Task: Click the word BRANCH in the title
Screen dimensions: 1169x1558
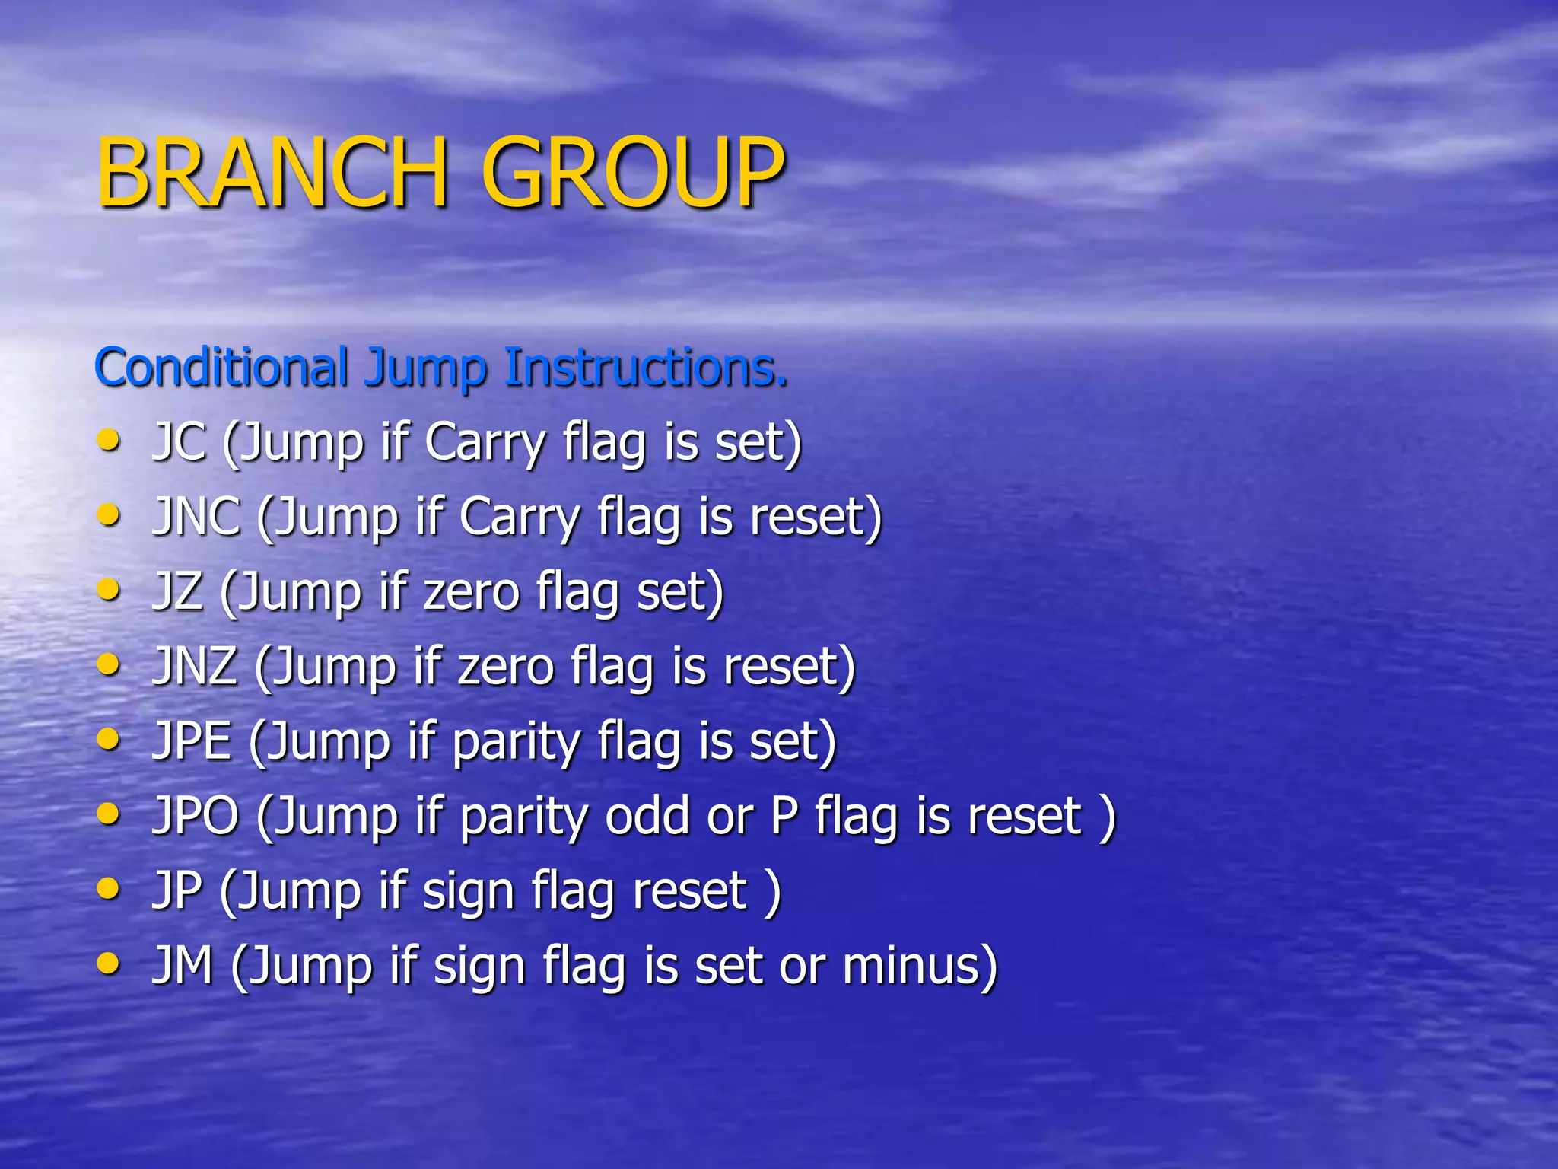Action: coord(270,174)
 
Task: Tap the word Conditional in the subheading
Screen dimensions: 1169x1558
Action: coord(221,367)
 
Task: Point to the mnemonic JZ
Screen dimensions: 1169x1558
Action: coord(178,591)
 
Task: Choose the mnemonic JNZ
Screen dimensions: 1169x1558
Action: coord(196,665)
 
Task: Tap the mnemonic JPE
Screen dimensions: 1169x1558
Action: coord(192,740)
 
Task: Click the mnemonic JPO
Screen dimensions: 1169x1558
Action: coord(196,814)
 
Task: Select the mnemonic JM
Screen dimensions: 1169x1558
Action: coord(183,964)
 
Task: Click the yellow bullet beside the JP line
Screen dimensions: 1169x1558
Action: coord(109,889)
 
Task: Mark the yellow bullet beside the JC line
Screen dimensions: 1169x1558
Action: coord(109,441)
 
